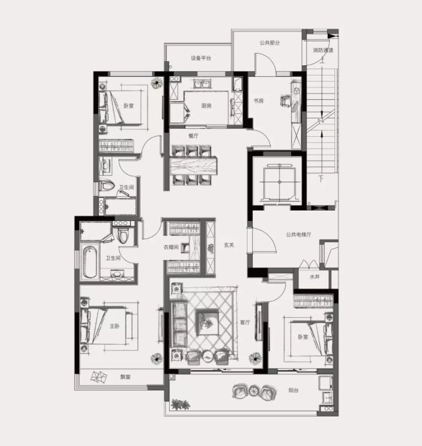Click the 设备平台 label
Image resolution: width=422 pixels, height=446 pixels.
coord(201,58)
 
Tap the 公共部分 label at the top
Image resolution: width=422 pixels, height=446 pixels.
coord(269,43)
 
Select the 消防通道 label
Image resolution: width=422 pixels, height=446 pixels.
coord(323,51)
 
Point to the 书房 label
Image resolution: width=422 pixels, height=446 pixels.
coord(259,101)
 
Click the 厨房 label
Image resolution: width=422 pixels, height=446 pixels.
coord(206,106)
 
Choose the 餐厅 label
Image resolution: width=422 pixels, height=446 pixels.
coord(194,136)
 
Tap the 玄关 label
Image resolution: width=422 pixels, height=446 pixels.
coord(229,245)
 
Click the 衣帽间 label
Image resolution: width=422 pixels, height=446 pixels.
coord(171,247)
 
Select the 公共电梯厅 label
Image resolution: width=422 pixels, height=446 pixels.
coord(298,235)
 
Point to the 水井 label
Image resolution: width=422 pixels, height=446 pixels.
coord(315,276)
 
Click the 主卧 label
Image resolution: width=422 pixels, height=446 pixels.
coord(115,326)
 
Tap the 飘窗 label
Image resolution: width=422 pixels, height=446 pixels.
coord(125,377)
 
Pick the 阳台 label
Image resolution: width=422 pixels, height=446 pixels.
coord(293,390)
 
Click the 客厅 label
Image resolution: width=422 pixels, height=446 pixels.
coord(245,322)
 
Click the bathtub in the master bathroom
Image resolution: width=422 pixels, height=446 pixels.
coord(90,262)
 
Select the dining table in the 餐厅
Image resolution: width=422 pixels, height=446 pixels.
coord(194,165)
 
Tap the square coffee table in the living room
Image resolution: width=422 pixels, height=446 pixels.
coord(207,322)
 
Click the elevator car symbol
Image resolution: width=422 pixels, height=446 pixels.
coord(279,182)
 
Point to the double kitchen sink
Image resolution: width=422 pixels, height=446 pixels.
coord(203,84)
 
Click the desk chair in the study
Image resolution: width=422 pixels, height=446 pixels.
coord(286,101)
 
